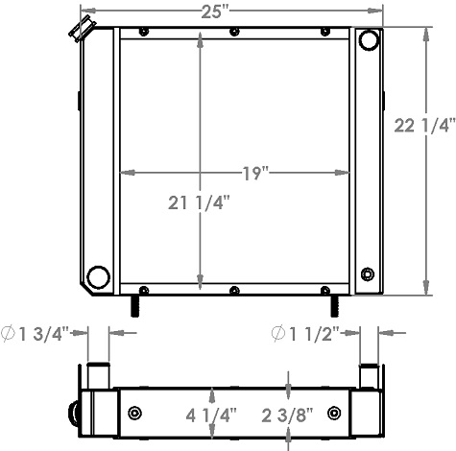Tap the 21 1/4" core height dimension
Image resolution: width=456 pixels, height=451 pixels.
coord(198,203)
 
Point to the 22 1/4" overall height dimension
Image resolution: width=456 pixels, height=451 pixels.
coord(423,125)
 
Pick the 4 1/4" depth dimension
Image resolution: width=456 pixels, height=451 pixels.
coord(211,415)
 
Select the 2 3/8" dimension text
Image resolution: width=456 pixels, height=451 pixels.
coord(291,415)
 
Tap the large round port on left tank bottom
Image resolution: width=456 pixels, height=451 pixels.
coord(97,278)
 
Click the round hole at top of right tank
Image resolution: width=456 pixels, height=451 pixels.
coord(369,42)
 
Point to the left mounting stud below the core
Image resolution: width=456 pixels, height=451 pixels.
coord(135,305)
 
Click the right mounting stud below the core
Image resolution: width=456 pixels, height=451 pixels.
coord(334,305)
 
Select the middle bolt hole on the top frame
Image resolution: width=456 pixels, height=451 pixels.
coord(235,32)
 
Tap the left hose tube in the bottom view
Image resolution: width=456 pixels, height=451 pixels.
coord(97,373)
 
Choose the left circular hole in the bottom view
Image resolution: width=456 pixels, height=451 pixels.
coord(133,414)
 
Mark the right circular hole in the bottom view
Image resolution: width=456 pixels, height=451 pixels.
coord(333,414)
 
